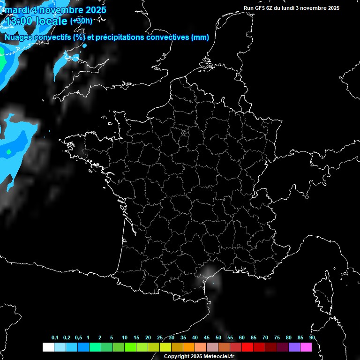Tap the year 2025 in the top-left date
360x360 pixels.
pos(93,10)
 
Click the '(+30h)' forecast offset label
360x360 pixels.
pos(81,21)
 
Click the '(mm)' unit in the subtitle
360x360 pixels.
pos(200,37)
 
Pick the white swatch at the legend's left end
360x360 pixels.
pos(48,347)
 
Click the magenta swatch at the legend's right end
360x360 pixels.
pos(306,347)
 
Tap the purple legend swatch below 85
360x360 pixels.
pos(294,347)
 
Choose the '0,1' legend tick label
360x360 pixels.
pos(55,338)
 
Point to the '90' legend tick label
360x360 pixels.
pos(312,338)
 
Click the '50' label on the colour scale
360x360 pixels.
pos(218,338)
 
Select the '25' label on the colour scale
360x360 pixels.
pos(160,338)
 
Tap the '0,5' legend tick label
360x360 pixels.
pos(78,338)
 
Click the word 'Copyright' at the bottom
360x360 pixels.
pos(177,357)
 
